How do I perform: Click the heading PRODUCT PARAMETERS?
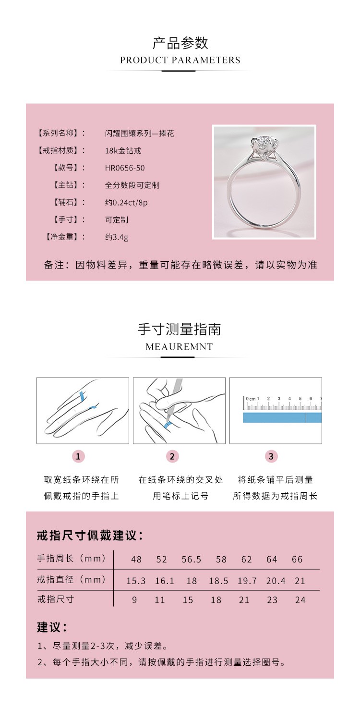point(180,60)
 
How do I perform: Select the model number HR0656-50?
point(125,168)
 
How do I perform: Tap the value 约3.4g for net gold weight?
point(117,237)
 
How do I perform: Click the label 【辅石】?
point(69,202)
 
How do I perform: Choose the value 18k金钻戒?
point(123,151)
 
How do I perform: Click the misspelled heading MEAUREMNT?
point(179,347)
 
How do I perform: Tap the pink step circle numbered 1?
point(78,456)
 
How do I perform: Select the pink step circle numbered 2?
point(172,456)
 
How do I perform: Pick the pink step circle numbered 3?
point(271,456)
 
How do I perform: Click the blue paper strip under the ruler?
point(282,417)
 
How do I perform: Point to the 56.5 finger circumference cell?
point(192,560)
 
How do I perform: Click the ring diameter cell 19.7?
point(247,581)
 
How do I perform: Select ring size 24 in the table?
point(300,600)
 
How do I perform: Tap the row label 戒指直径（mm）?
point(71,580)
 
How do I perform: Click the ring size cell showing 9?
point(134,600)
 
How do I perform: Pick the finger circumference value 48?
point(136,560)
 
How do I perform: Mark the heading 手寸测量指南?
point(180,330)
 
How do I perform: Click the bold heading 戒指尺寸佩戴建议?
point(89,536)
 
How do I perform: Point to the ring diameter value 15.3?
point(136,581)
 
